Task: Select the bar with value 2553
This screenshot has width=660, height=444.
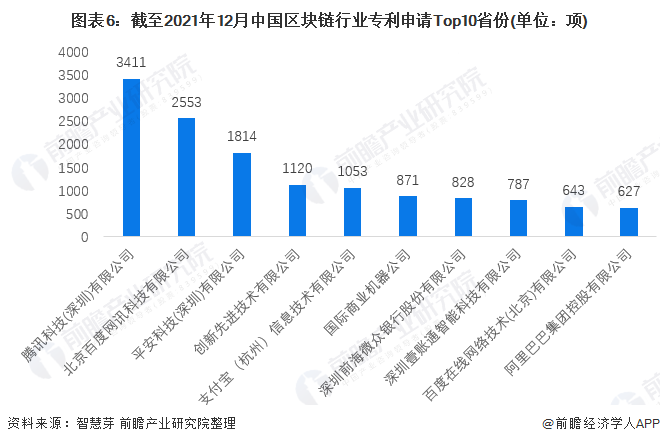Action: [x=186, y=178]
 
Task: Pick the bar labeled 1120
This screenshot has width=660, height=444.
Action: [x=297, y=211]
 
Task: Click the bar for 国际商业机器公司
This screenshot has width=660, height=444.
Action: [x=407, y=217]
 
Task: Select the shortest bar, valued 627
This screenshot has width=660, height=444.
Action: [x=628, y=223]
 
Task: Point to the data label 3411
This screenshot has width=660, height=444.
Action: [x=131, y=63]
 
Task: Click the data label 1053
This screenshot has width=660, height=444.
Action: [x=352, y=172]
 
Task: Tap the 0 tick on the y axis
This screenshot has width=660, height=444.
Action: [x=85, y=238]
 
